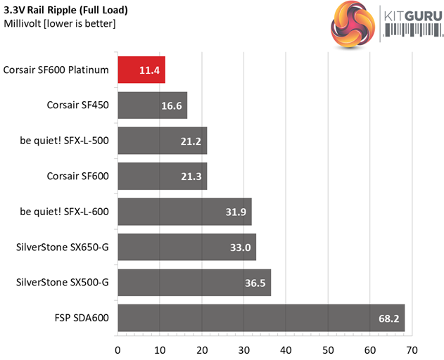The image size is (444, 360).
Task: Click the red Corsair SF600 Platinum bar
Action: click(x=141, y=70)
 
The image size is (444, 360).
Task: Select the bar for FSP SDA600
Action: click(x=260, y=318)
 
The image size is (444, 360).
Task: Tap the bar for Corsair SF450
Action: click(x=152, y=105)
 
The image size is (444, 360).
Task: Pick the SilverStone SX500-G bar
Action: click(x=194, y=282)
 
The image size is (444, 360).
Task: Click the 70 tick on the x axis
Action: click(x=412, y=349)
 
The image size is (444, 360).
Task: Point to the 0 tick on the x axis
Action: click(x=118, y=349)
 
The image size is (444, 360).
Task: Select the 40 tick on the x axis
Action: click(x=286, y=349)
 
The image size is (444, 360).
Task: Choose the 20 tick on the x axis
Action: click(x=202, y=349)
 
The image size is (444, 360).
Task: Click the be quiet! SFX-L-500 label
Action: click(x=64, y=141)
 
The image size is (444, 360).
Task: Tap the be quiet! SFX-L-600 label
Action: click(x=64, y=212)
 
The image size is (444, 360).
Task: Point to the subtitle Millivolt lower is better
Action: click(x=60, y=24)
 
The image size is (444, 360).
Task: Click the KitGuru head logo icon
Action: click(x=352, y=26)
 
